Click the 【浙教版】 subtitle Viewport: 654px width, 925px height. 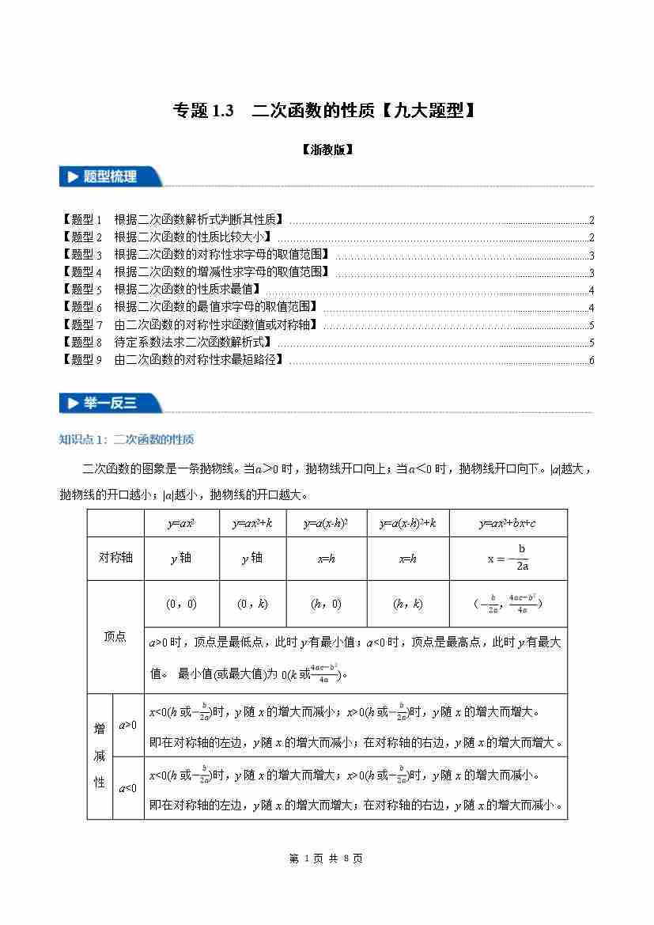(327, 150)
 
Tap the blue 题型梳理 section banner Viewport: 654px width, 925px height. (110, 177)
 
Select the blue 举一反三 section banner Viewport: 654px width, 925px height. (110, 403)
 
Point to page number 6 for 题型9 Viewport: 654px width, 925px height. (591, 361)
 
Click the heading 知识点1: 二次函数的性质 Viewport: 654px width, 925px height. (127, 440)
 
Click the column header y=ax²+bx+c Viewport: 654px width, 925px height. (507, 524)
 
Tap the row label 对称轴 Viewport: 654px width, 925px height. (115, 558)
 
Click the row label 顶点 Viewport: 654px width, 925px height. (115, 637)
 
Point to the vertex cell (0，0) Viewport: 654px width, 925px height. (181, 604)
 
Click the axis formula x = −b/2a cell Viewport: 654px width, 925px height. (507, 558)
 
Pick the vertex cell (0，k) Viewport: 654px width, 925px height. (252, 604)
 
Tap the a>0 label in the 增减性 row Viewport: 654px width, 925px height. (127, 725)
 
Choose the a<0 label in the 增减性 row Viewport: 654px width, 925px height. (127, 788)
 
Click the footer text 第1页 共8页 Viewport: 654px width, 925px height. (327, 859)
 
